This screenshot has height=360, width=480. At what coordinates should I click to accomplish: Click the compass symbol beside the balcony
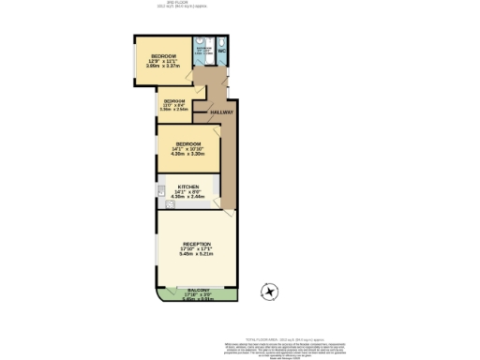(271, 292)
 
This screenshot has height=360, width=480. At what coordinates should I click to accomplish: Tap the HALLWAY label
(221, 112)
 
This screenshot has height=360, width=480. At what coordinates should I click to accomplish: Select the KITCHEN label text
(188, 187)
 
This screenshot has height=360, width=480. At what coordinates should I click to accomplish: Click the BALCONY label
(199, 291)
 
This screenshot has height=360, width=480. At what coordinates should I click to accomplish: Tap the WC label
(222, 50)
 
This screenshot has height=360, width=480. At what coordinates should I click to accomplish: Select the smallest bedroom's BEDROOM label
(174, 100)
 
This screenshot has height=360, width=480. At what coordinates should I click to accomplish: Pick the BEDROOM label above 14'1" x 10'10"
(188, 142)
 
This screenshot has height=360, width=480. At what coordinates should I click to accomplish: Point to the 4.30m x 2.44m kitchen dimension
(188, 197)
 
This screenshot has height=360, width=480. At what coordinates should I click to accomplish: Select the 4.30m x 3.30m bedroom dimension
(188, 153)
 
